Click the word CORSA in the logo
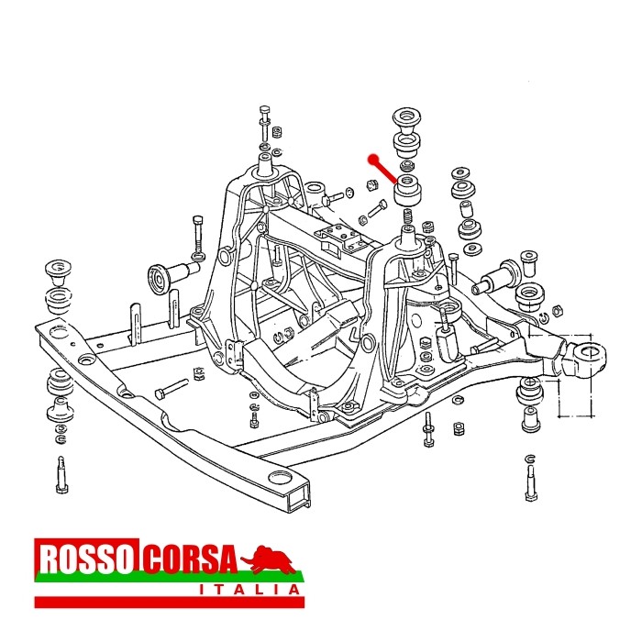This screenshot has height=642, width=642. [191, 559]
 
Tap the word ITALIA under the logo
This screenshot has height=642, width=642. [249, 590]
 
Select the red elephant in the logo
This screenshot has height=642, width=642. [268, 559]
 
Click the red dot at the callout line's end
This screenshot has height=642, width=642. [372, 160]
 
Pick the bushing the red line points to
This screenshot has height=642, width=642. [407, 189]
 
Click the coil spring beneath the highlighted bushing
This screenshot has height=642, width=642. [407, 216]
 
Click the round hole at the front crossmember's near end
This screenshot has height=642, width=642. [281, 478]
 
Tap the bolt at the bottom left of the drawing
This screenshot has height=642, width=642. [61, 474]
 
